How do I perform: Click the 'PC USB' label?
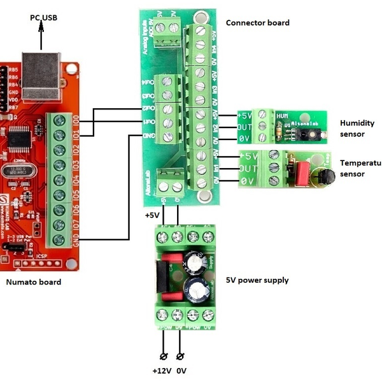[43, 17]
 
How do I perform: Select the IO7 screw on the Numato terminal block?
[61, 224]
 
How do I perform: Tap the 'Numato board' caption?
[33, 281]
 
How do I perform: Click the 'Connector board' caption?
[257, 23]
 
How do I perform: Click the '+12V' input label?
[161, 371]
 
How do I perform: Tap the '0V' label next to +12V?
[182, 371]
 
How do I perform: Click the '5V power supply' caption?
[257, 280]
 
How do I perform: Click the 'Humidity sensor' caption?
[357, 129]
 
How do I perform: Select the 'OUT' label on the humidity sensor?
[245, 127]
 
